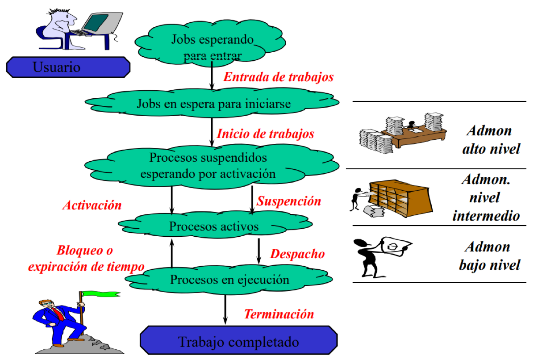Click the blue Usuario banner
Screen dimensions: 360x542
[x=68, y=67]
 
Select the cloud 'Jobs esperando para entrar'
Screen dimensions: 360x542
[x=212, y=46]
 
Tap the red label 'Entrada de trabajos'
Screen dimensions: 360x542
[x=278, y=77]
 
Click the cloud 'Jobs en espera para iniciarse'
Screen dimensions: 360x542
[x=213, y=104]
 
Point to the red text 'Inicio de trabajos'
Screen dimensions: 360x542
[x=265, y=134]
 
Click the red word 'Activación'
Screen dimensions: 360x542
[x=92, y=205]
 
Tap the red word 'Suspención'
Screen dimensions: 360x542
[x=289, y=201]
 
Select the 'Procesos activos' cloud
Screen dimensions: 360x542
[x=213, y=226]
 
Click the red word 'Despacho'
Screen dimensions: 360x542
[x=297, y=254]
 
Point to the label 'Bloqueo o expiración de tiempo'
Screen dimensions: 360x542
[x=86, y=259]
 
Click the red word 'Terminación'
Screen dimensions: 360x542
[x=279, y=314]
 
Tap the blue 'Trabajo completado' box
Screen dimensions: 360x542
[x=238, y=342]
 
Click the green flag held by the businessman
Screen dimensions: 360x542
[x=102, y=294]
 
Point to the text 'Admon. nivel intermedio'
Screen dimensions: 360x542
[x=486, y=197]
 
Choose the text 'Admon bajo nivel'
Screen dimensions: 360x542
[x=489, y=255]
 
